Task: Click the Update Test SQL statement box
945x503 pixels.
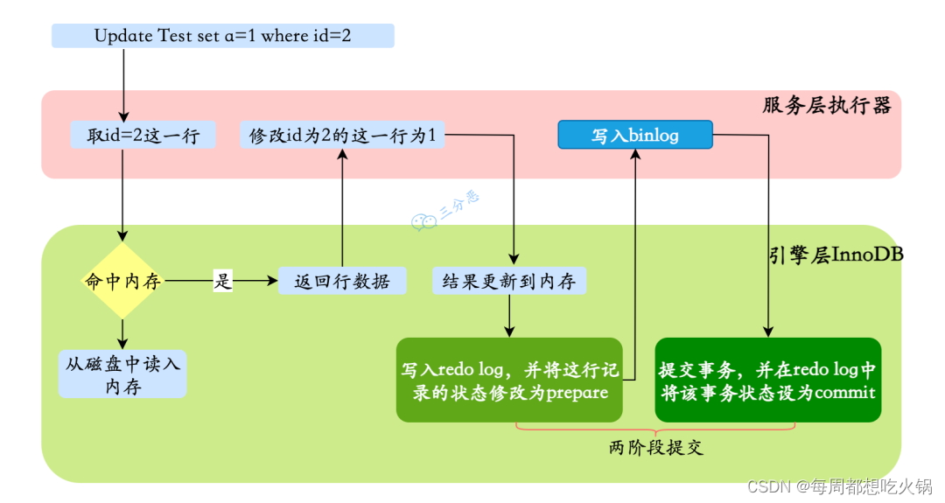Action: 223,36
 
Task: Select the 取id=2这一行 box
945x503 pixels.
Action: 143,136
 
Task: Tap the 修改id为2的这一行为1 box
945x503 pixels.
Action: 342,136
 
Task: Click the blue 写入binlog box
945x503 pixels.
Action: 635,136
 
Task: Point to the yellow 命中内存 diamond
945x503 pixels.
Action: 122,281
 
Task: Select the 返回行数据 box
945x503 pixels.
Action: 342,282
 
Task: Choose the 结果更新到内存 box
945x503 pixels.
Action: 508,282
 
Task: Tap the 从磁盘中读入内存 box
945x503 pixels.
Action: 122,374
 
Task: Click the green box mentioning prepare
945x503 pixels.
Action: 509,380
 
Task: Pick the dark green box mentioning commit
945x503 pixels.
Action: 767,380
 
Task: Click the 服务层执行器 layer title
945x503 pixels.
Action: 826,106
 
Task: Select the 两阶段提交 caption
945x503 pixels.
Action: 656,448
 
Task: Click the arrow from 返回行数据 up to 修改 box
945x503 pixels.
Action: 342,210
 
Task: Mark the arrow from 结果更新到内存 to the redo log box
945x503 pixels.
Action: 509,317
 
